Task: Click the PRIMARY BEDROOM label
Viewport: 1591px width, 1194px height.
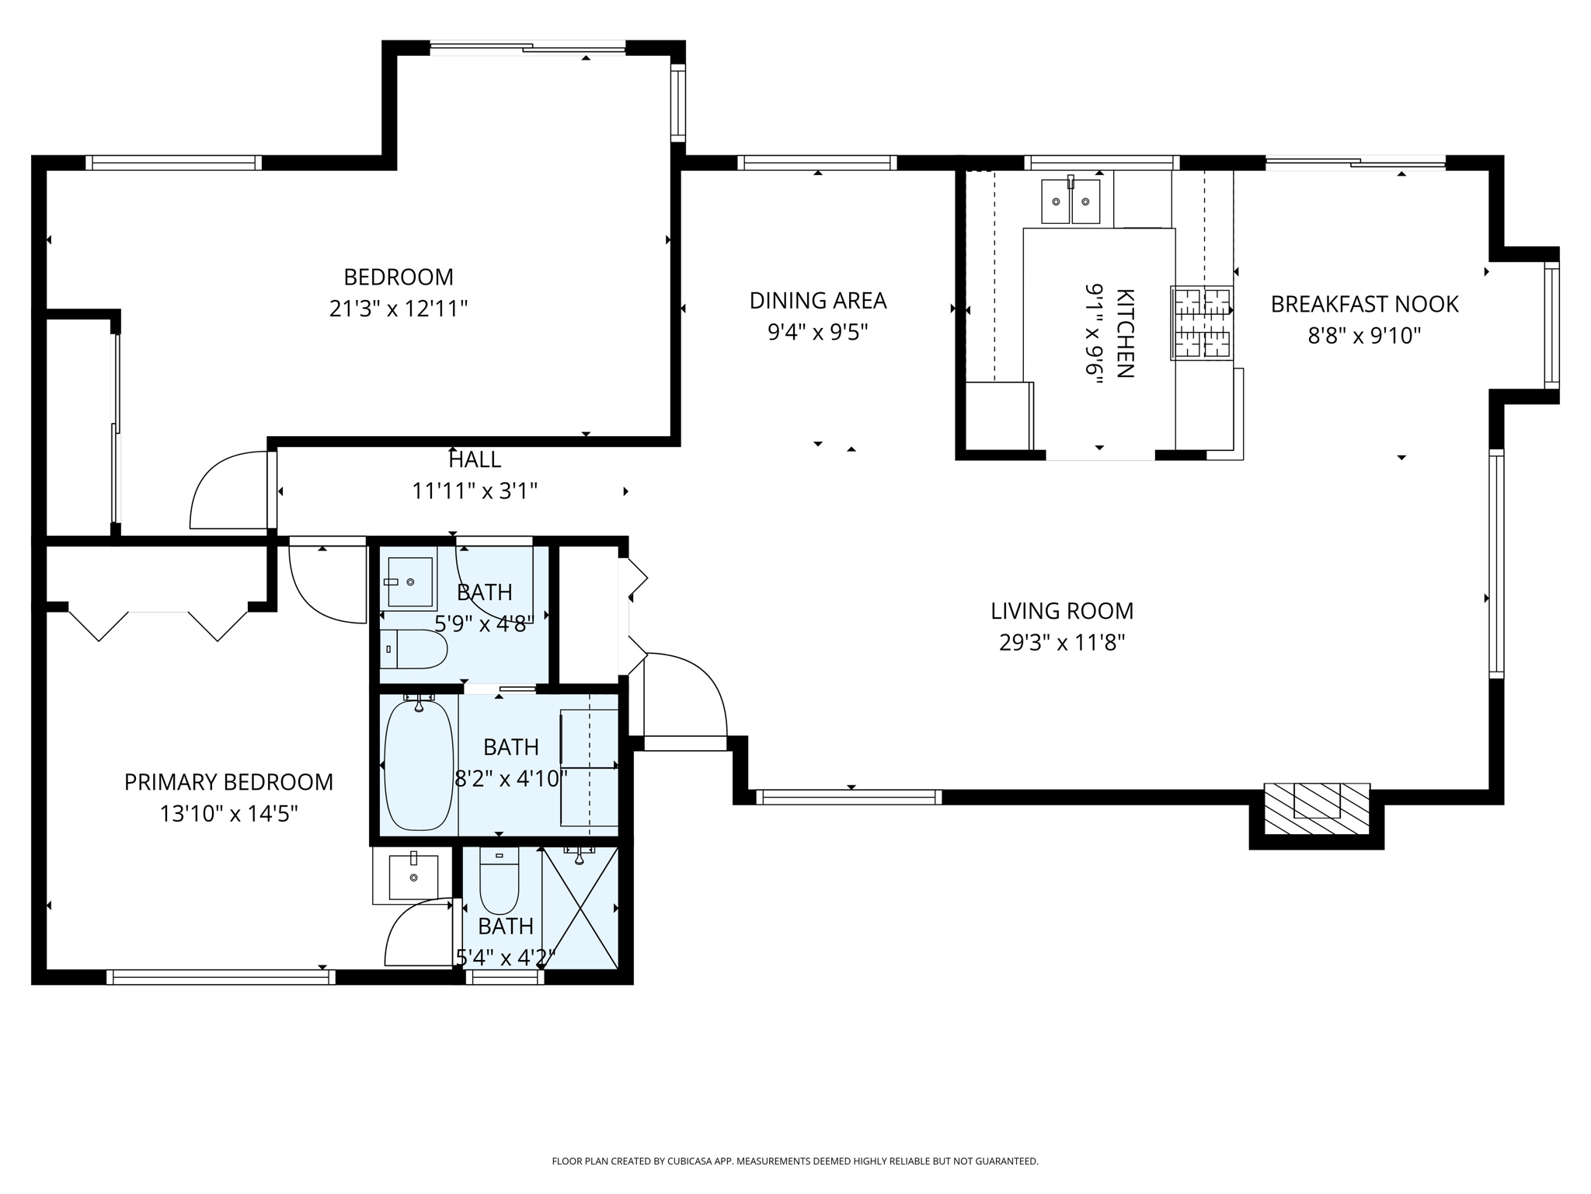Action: pos(228,782)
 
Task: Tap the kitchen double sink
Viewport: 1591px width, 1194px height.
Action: pos(1071,201)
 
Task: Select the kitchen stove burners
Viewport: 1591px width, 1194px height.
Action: pos(1202,323)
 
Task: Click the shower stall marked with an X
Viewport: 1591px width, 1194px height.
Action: pos(580,908)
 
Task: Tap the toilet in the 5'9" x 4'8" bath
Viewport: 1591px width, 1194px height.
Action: pos(414,649)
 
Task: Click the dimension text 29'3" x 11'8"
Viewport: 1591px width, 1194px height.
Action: pos(1061,643)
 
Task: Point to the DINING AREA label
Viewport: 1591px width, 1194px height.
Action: pos(817,300)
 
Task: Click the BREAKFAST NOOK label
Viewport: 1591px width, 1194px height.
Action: pos(1364,304)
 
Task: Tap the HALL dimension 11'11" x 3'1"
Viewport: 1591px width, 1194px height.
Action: pos(474,491)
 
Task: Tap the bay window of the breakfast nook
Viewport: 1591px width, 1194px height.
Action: pos(1551,325)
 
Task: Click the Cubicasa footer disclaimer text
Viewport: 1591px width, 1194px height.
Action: pos(795,1161)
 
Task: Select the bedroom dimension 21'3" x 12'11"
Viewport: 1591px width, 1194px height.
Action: pos(398,309)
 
